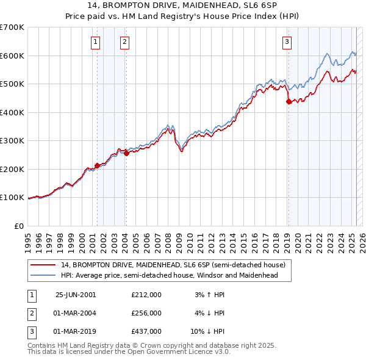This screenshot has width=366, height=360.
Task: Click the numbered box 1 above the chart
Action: (96, 42)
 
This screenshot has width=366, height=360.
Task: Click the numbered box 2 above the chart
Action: (124, 42)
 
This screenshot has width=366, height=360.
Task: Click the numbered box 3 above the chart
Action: (287, 42)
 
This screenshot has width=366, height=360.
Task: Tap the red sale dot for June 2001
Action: (97, 165)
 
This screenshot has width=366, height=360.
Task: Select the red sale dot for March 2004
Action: (126, 153)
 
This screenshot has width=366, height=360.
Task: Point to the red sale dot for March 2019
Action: (289, 102)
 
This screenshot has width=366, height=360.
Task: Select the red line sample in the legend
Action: (43, 265)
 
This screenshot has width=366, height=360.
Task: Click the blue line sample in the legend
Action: (43, 275)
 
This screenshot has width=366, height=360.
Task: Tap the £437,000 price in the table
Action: (146, 331)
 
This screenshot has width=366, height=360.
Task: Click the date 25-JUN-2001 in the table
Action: (75, 294)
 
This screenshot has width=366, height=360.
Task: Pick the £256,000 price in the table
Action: (146, 313)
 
